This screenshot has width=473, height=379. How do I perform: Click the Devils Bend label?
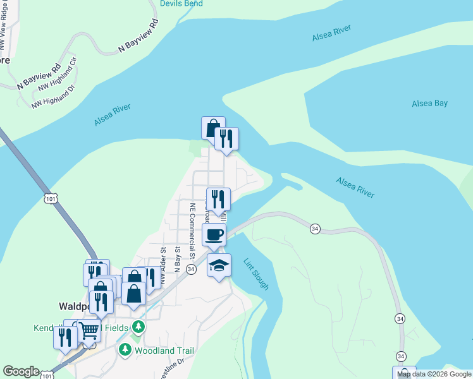pyautogui.click(x=181, y=4)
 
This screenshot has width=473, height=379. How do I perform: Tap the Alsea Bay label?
pyautogui.click(x=429, y=103)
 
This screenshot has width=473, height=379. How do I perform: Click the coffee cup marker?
pyautogui.click(x=214, y=235)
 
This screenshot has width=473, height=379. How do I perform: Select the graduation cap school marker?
pyautogui.click(x=219, y=265)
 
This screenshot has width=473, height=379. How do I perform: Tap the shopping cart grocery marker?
pyautogui.click(x=89, y=328)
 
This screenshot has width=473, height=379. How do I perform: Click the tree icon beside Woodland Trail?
pyautogui.click(x=125, y=349)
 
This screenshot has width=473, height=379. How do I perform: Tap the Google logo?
pyautogui.click(x=21, y=372)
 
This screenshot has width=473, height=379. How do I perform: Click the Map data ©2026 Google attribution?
pyautogui.click(x=434, y=374)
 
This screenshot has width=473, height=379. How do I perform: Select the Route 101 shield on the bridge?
pyautogui.click(x=50, y=199)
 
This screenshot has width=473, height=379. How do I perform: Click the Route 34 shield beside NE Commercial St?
pyautogui.click(x=191, y=270)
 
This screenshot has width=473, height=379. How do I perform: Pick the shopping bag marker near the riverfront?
pyautogui.click(x=212, y=128)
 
